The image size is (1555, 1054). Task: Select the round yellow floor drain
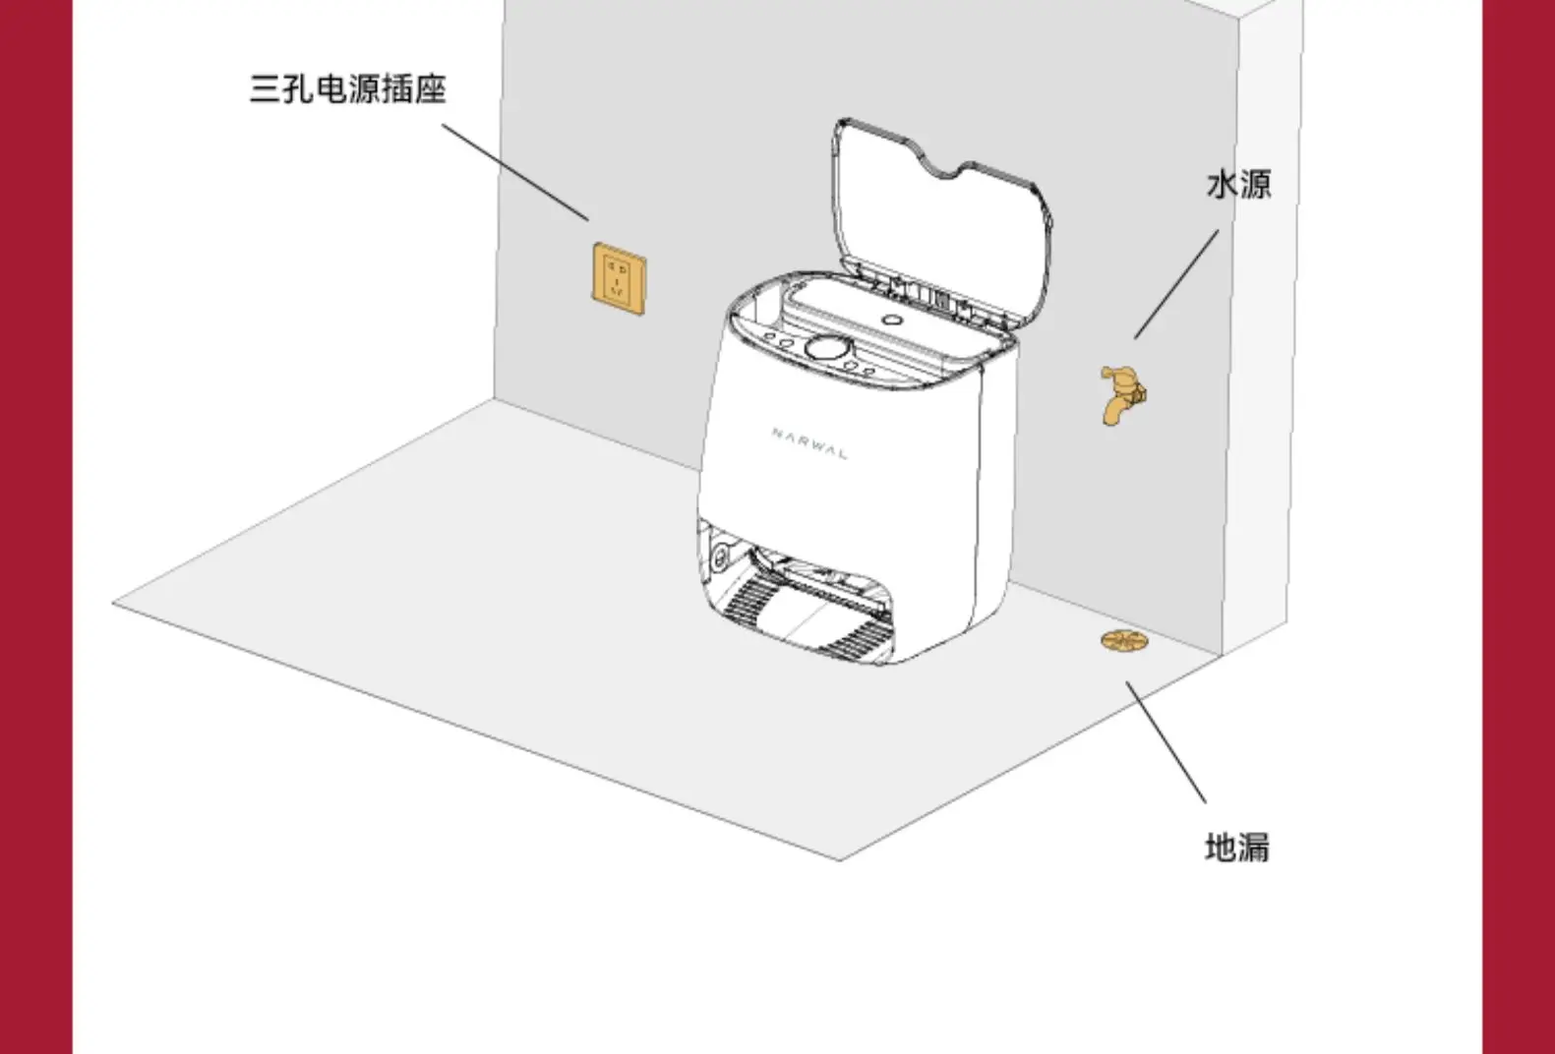tap(1124, 641)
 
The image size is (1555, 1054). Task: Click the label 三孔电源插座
tap(347, 88)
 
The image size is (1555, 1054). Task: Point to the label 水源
tap(1238, 184)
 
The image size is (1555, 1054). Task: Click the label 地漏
tap(1236, 847)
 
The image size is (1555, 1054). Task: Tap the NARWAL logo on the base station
tap(808, 443)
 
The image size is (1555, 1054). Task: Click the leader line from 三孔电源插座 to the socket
tap(514, 171)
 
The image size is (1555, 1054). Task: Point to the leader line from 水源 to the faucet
tap(1176, 284)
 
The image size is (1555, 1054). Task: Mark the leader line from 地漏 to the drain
tap(1166, 743)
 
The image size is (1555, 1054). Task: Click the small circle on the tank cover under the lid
tap(892, 320)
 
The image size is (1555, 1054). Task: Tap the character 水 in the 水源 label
tap(1222, 184)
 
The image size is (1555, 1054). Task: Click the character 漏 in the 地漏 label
tap(1253, 847)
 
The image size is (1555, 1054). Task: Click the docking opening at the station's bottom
tap(807, 600)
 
